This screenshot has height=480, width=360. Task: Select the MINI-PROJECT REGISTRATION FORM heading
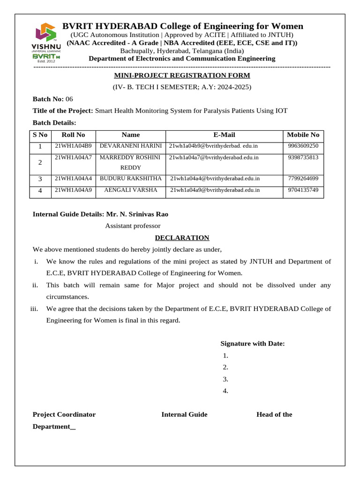coord(182,75)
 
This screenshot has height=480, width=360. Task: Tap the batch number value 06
coord(69,99)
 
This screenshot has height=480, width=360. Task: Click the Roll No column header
coord(73,135)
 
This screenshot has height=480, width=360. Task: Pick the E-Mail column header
coord(224,135)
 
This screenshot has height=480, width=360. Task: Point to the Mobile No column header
coord(303,135)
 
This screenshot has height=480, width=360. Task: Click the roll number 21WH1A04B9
coord(73,146)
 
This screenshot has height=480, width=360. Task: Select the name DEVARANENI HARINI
coord(131,146)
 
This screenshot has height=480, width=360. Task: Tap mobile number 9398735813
coord(303,157)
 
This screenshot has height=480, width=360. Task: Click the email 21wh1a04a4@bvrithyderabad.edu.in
coord(215,179)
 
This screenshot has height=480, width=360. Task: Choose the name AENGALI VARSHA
coord(131,190)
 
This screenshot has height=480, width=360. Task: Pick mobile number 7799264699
coord(303,179)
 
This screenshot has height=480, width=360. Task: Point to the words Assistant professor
coord(133,226)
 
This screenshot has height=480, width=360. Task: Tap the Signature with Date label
coord(252,344)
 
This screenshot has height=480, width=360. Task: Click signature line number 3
coord(225,379)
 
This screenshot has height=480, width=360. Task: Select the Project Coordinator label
coord(64,414)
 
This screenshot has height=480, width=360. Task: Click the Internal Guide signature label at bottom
coord(184,414)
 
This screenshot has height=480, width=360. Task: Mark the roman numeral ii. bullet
coord(35,285)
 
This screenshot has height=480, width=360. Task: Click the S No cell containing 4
coord(40,191)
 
